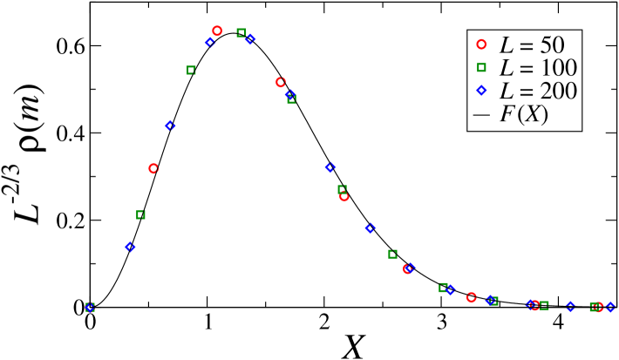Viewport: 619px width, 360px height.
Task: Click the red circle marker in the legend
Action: [480, 44]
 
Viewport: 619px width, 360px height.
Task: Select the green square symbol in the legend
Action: [480, 67]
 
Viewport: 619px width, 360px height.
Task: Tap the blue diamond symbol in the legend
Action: [480, 91]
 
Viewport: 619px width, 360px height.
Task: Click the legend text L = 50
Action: [532, 44]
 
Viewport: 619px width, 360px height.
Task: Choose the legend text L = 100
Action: [537, 67]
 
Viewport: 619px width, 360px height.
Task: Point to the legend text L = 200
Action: [537, 91]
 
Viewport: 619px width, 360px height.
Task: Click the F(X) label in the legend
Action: [523, 114]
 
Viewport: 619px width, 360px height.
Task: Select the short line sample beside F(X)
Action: [480, 114]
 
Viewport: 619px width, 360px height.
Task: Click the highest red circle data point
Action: [217, 31]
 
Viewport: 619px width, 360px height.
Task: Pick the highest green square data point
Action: [241, 32]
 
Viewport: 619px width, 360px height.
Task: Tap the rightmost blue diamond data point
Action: [610, 307]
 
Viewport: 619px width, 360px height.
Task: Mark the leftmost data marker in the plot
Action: [90, 307]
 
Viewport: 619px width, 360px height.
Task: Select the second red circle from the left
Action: [153, 168]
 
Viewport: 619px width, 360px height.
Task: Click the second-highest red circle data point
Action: [280, 82]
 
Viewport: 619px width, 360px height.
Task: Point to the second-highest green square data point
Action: [191, 70]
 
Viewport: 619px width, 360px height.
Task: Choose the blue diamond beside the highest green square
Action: [250, 38]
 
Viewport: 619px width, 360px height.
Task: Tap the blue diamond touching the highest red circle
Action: [210, 42]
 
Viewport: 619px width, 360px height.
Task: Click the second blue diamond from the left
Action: [130, 247]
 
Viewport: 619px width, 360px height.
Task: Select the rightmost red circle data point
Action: [598, 307]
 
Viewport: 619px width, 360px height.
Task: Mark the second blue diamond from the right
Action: [570, 306]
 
